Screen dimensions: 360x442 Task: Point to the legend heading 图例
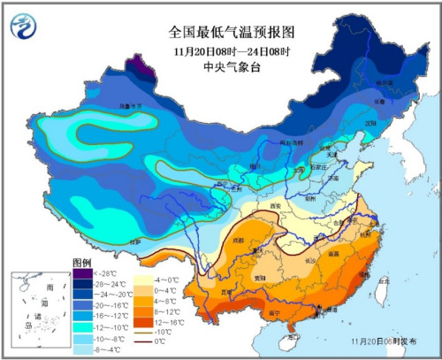[81, 264]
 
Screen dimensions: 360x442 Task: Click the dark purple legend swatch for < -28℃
[82, 274]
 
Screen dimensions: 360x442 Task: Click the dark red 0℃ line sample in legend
[141, 339]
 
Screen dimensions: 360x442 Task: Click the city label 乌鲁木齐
[118, 109]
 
